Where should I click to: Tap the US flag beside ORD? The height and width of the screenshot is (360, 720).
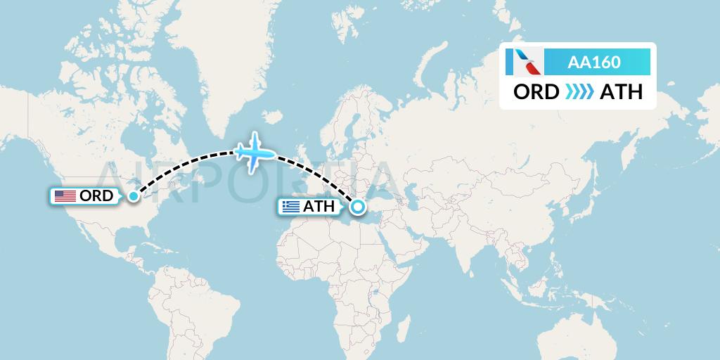(65, 196)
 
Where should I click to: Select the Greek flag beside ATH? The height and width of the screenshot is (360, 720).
(290, 207)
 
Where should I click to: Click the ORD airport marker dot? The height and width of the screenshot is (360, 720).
(132, 196)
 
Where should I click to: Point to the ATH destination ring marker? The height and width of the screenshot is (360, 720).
(358, 207)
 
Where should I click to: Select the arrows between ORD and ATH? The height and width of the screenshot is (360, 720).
(579, 92)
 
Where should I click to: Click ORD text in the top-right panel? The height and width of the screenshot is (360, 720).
(536, 92)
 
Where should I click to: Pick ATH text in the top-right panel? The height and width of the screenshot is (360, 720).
(621, 92)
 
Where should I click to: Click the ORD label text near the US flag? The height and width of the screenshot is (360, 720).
(97, 196)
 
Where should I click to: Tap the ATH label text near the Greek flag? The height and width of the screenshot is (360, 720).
(319, 207)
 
